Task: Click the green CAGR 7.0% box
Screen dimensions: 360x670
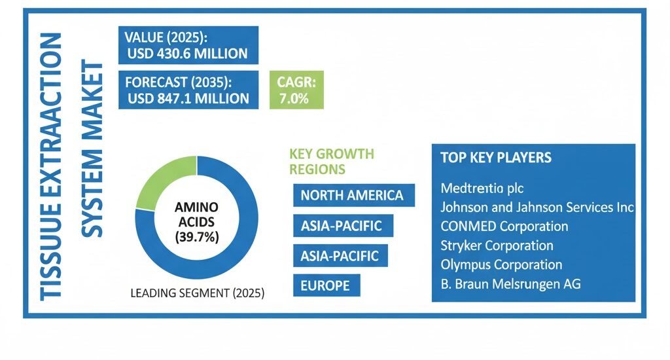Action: point(296,91)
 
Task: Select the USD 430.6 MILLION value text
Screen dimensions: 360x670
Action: point(188,53)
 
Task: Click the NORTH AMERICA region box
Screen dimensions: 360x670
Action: point(352,195)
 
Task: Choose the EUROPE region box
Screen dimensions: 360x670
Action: point(325,285)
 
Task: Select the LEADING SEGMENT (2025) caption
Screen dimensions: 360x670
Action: point(198,293)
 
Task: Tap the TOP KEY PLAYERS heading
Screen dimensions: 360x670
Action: point(495,158)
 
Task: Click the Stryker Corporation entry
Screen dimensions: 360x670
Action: point(497,246)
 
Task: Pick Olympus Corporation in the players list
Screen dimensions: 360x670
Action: point(501,265)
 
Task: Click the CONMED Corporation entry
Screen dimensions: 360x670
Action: point(504,227)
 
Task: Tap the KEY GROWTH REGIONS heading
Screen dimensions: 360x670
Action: point(331,161)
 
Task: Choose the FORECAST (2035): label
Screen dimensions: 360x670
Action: point(179,83)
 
